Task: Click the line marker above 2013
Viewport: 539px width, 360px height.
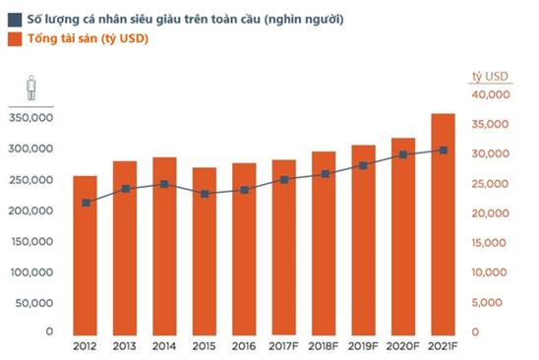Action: (x=126, y=189)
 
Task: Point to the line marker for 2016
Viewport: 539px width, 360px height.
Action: (x=244, y=190)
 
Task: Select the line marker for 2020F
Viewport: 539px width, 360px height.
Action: (x=403, y=154)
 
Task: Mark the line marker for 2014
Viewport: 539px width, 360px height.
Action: (x=165, y=184)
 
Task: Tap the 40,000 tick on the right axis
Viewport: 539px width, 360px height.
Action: (x=490, y=95)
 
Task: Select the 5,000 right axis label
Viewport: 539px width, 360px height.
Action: (x=493, y=302)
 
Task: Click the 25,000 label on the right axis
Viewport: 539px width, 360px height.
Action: (x=490, y=184)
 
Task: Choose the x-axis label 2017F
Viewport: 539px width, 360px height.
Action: (x=284, y=346)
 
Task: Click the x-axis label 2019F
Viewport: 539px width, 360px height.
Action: (x=364, y=346)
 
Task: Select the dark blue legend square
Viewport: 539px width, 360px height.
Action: (x=13, y=20)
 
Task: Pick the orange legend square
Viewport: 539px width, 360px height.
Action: (x=13, y=39)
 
